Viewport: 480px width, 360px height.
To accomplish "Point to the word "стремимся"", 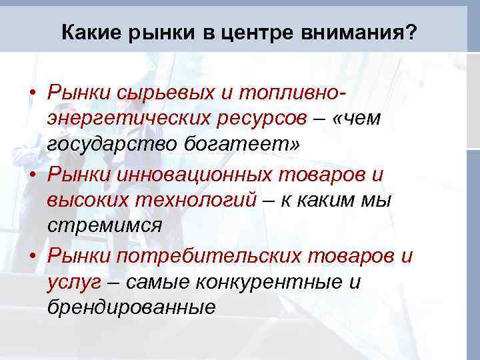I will (x=105, y=225).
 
